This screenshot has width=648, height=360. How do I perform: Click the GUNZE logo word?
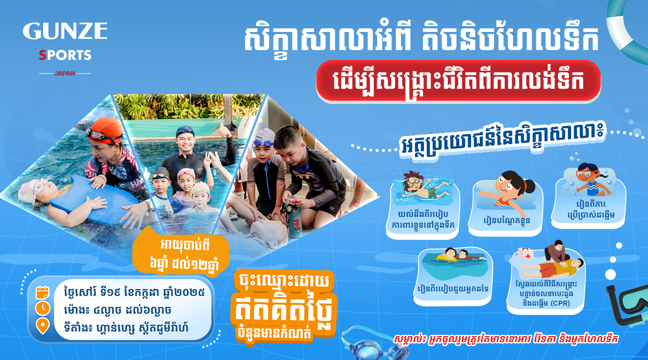coord(65,31)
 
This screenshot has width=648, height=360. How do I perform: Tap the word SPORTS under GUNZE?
coord(65,55)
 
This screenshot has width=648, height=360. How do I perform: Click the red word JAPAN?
coord(65,73)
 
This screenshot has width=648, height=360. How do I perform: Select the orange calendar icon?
coord(42,292)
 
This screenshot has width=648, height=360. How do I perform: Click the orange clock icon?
coord(42,309)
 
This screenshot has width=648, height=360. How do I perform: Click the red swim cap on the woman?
coord(106,130)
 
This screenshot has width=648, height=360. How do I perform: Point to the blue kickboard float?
coord(93,200)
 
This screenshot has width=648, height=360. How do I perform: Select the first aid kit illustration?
coord(526,254)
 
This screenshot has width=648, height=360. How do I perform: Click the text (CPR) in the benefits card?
coord(560,303)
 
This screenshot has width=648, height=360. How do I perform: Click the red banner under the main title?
coord(458,81)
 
